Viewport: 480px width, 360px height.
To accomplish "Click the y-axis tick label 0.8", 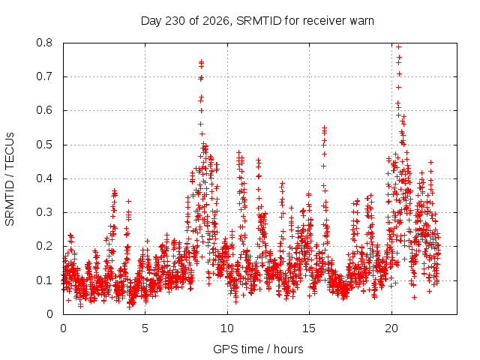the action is (44, 43).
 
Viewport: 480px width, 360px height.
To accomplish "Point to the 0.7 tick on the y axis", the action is (44, 76).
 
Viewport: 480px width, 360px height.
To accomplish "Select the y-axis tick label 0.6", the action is (44, 110).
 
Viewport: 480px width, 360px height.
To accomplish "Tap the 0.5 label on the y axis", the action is (44, 145).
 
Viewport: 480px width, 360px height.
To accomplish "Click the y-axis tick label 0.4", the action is (44, 178).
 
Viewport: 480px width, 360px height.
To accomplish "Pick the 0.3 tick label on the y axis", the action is (44, 212).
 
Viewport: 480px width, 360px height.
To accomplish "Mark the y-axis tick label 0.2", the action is (44, 247).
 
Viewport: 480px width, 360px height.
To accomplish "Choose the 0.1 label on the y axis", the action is (44, 280).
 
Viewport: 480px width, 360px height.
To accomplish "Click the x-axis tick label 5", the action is (145, 328).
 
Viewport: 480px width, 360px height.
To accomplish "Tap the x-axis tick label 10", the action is (226, 328).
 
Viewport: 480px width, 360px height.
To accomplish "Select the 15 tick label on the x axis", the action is (309, 328).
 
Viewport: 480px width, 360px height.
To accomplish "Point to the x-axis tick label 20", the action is (391, 328).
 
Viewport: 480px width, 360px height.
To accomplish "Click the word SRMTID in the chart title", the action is (259, 21).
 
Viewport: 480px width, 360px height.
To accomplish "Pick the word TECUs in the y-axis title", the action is (10, 150).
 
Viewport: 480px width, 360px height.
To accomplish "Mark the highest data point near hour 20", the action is (398, 46).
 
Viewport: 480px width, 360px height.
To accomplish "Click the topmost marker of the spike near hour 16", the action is (324, 127).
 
